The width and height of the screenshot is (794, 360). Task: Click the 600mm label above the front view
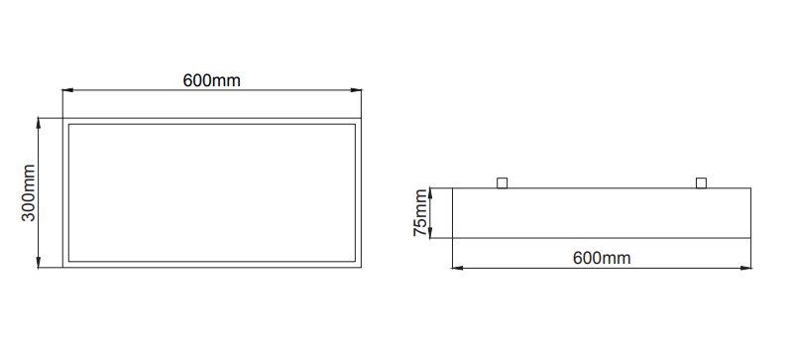tap(212, 80)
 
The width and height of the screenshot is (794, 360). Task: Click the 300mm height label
tap(29, 193)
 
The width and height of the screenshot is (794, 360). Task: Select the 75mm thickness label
tap(420, 212)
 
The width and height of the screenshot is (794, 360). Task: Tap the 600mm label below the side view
tap(602, 258)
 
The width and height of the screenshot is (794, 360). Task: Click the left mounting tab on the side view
tap(502, 182)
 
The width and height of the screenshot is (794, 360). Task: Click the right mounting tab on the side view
tap(702, 182)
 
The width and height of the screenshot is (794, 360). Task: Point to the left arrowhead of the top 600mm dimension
tap(67, 90)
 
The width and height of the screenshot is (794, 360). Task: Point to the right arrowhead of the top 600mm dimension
tap(356, 90)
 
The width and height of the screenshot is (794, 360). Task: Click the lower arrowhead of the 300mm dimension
tap(39, 262)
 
